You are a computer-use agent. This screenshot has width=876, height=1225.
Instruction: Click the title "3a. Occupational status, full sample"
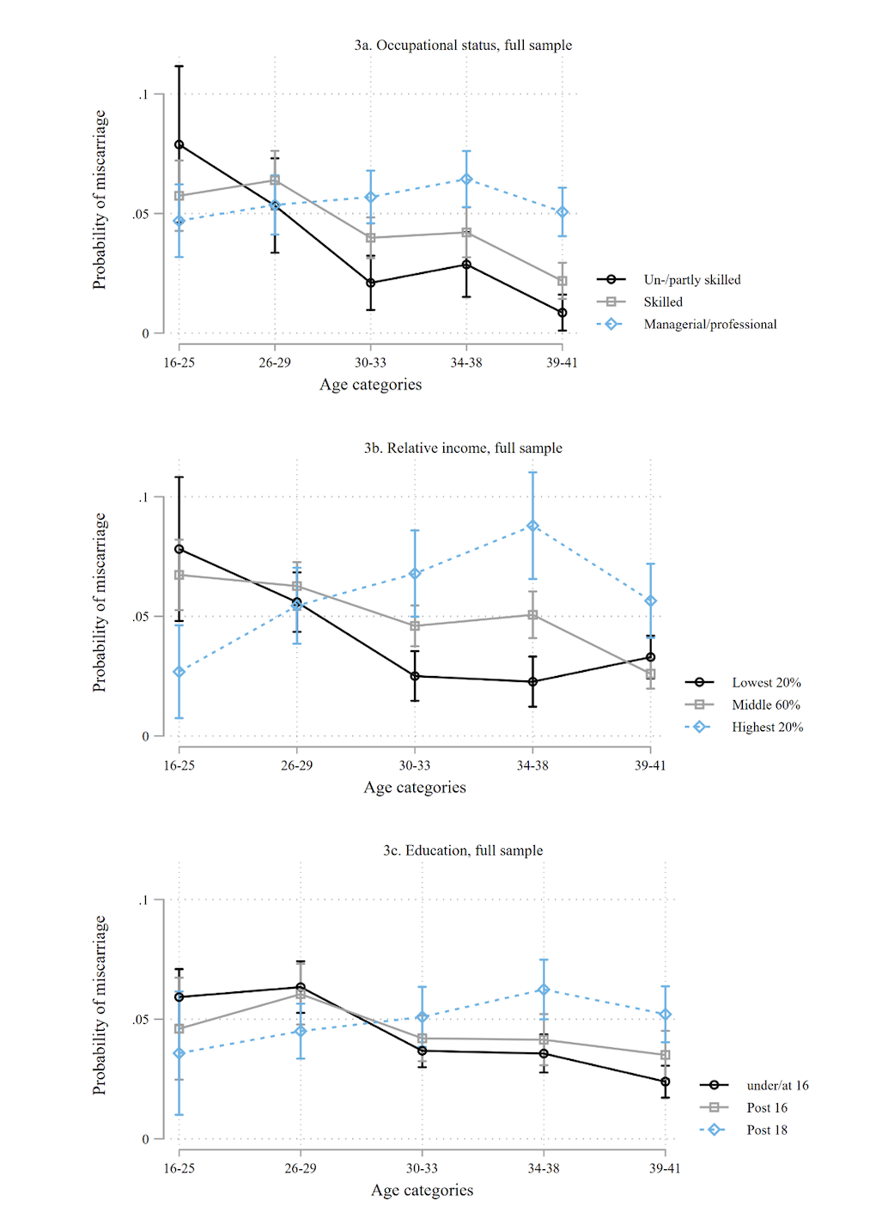[463, 46]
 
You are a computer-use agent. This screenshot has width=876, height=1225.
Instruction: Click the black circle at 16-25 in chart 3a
[179, 145]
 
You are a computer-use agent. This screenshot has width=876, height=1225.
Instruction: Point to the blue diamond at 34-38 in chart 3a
[466, 180]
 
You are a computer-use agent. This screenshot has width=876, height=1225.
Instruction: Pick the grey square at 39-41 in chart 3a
[563, 281]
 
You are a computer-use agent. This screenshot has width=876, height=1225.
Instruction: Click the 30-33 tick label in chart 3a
[370, 363]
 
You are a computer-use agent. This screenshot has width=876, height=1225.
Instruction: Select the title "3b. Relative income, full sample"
[463, 448]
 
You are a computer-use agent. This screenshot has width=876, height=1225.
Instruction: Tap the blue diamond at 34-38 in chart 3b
[532, 526]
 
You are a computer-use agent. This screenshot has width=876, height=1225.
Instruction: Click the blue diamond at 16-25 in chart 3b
[179, 672]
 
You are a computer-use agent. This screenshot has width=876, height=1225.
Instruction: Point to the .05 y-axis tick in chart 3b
[139, 617]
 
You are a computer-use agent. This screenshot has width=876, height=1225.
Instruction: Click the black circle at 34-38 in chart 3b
[532, 682]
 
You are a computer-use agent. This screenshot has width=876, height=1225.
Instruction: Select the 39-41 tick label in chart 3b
[650, 765]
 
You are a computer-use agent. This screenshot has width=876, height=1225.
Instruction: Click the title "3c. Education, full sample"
[463, 851]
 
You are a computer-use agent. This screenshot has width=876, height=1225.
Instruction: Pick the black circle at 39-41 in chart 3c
[666, 1082]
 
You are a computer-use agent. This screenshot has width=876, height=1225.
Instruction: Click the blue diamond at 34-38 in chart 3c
[544, 990]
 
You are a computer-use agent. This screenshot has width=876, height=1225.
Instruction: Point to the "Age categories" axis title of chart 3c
[422, 1191]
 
